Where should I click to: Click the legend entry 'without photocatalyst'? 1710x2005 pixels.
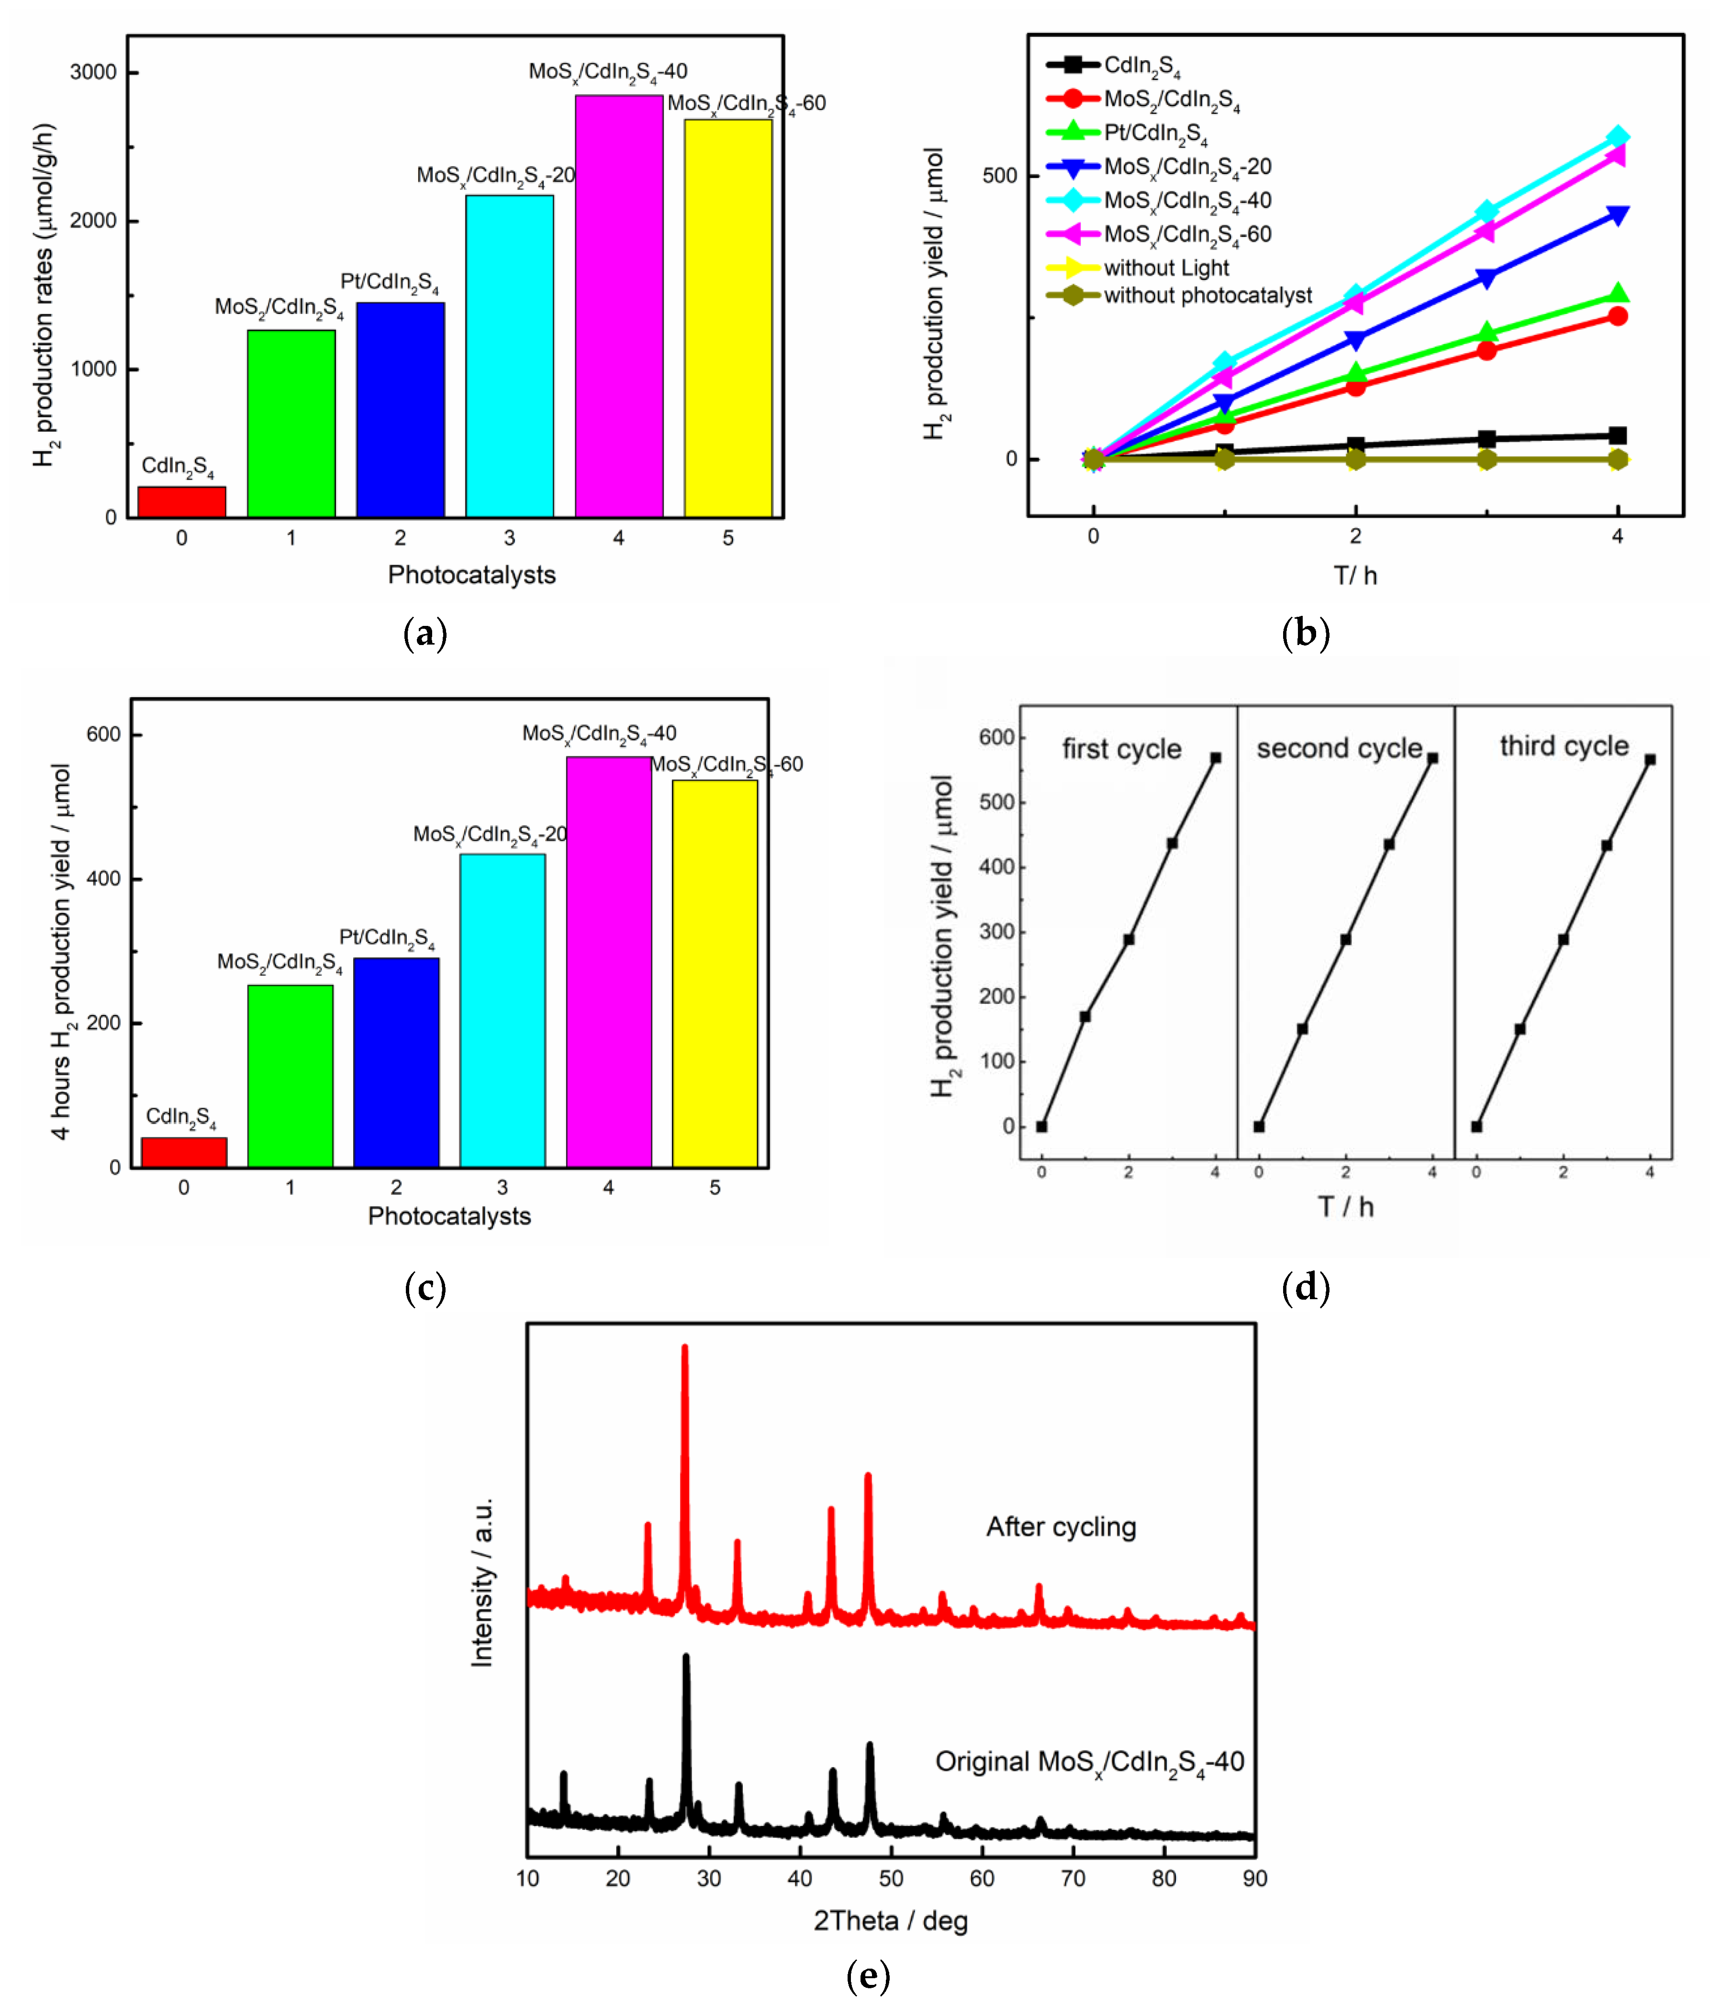[1207, 295]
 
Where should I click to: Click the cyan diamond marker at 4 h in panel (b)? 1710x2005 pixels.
[1617, 137]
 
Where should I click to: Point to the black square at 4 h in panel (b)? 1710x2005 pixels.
[1617, 435]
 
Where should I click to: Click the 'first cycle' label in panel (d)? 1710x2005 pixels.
[1122, 749]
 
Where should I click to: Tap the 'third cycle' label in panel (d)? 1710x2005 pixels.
[1564, 746]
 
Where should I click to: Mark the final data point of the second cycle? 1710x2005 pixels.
[1432, 757]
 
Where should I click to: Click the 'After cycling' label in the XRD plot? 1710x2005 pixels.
[1061, 1526]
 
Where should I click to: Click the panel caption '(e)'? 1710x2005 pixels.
[867, 1975]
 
